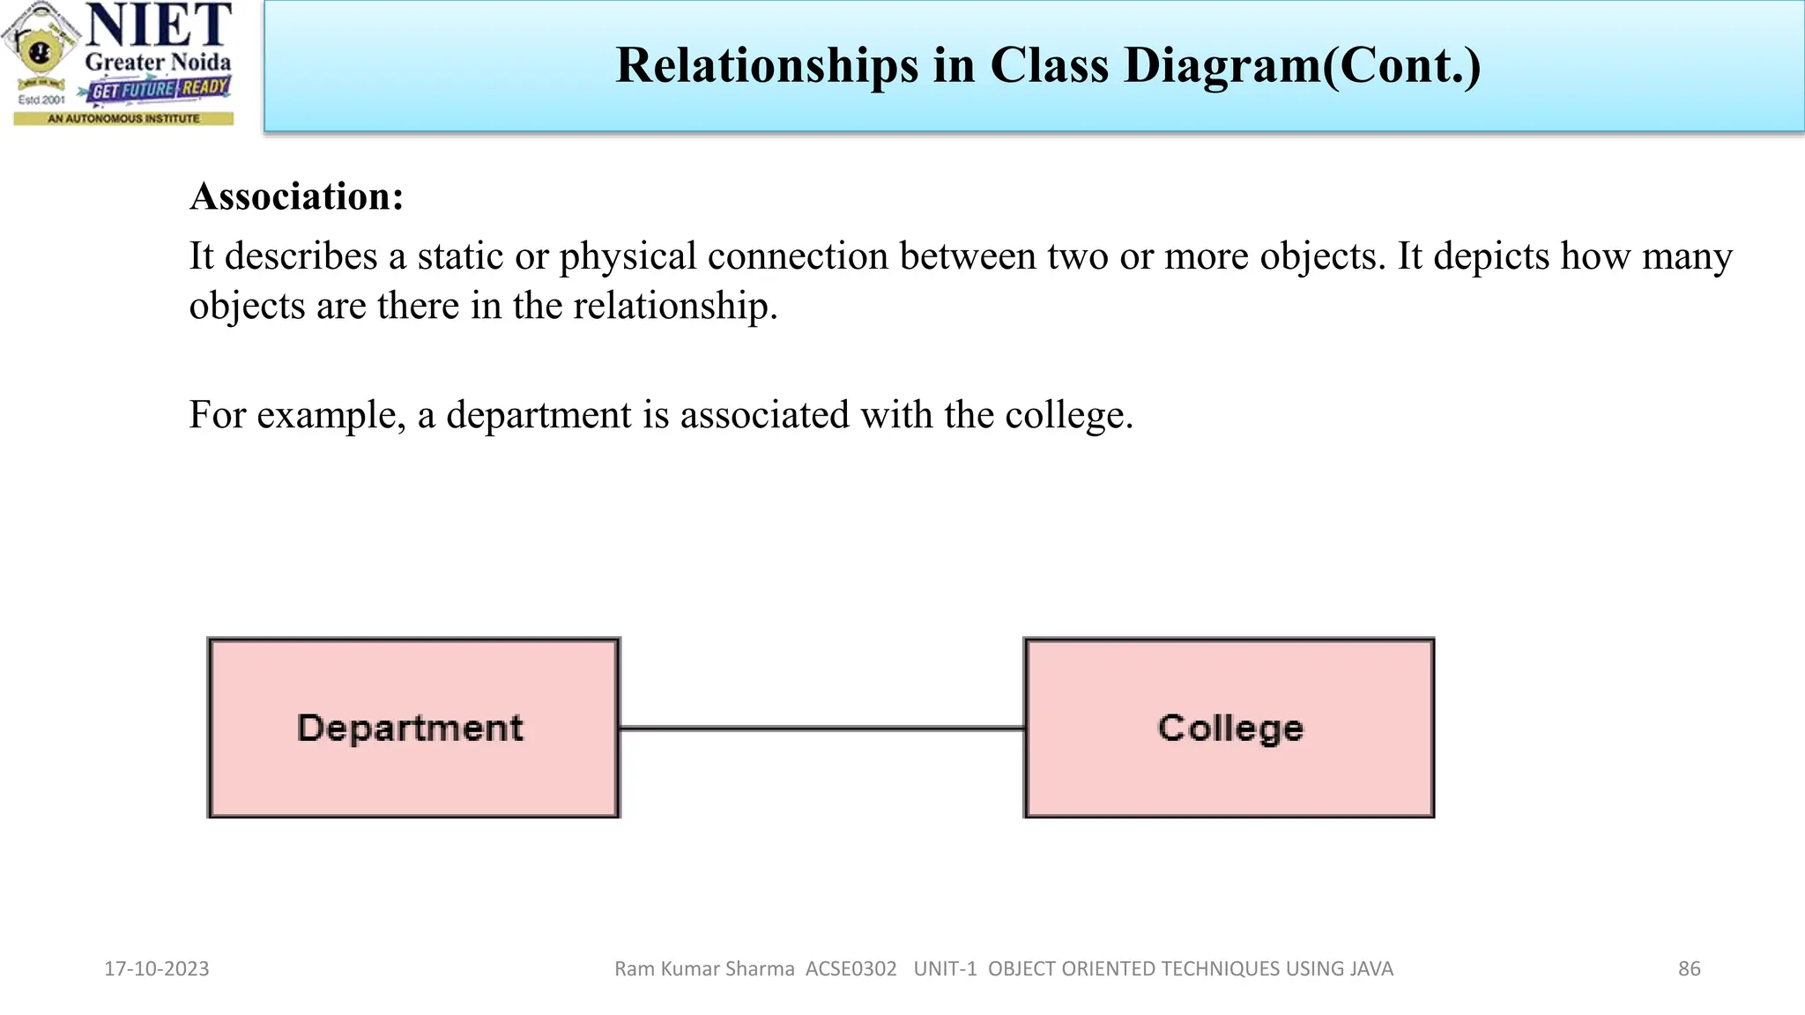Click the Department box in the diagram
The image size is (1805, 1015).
(413, 728)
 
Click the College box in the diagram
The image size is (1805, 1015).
(1229, 728)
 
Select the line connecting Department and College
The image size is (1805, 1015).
(821, 728)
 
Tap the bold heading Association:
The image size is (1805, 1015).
(297, 196)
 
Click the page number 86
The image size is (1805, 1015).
(1689, 968)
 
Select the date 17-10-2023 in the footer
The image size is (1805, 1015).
(157, 968)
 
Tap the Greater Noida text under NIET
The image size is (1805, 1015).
(158, 63)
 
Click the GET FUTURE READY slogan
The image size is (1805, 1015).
(160, 89)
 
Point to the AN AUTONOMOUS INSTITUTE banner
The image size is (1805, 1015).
(123, 118)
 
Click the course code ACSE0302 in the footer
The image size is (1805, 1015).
(851, 968)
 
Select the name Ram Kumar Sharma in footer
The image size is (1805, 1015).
(704, 968)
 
